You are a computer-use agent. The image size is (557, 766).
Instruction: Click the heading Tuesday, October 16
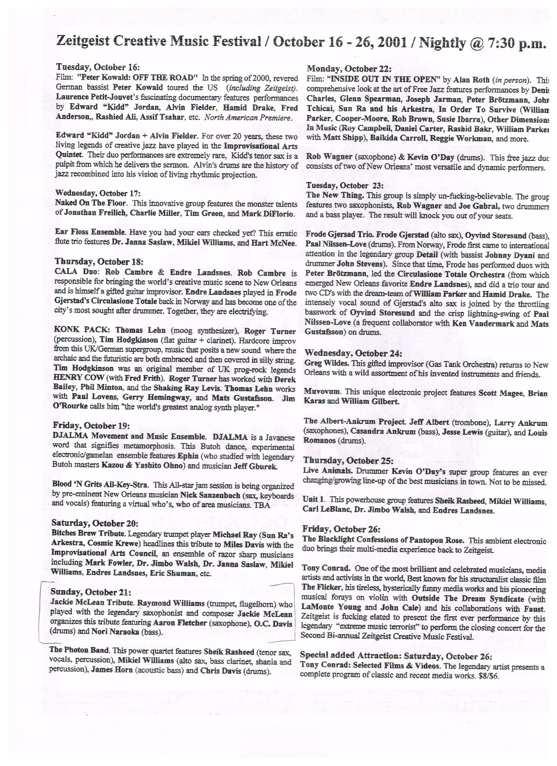click(98, 67)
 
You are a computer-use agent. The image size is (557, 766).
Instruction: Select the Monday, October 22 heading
click(349, 69)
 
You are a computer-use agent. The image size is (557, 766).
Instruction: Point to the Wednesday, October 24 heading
click(353, 353)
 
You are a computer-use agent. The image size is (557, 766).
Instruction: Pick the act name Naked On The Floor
click(90, 203)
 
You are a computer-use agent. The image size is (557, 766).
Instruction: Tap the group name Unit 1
click(314, 500)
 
